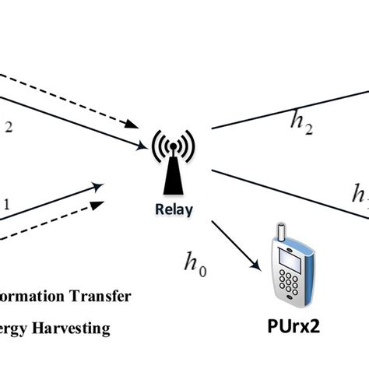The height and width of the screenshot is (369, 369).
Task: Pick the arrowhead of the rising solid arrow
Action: tap(100, 184)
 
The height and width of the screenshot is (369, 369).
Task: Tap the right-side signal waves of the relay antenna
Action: tap(184, 145)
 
